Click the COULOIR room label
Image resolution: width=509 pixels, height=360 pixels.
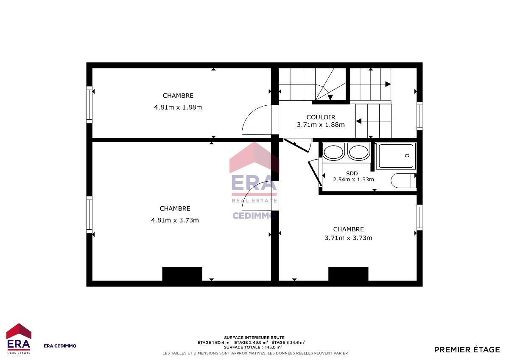point(321,117)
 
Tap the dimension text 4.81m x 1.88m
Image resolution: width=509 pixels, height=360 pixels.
point(178,107)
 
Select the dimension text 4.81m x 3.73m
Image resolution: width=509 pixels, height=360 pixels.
point(175,220)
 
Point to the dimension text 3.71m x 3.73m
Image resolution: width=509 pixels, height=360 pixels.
point(348,238)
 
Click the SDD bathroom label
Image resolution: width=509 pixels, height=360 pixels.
point(352,174)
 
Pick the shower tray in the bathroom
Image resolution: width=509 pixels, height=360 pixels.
point(396,156)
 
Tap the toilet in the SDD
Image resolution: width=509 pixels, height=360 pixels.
point(403,180)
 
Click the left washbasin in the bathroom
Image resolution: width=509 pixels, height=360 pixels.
point(333,152)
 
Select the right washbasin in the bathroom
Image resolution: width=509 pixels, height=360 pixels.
point(359,152)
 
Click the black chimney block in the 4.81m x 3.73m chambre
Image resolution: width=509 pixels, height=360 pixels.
point(182,274)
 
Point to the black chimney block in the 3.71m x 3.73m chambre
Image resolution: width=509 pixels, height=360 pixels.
point(348,274)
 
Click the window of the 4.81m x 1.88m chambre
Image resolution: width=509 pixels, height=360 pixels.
point(89,104)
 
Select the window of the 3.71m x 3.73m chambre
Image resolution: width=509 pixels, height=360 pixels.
point(420,217)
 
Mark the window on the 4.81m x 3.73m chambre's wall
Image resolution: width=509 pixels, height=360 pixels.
point(89,215)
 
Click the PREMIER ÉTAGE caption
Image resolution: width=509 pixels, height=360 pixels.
point(467,349)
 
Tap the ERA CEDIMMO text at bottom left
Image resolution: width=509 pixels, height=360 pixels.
point(60,346)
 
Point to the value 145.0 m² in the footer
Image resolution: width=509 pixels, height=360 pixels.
point(273,347)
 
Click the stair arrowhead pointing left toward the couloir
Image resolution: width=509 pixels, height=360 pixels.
point(358,121)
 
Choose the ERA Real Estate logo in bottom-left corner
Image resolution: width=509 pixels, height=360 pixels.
point(19,338)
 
